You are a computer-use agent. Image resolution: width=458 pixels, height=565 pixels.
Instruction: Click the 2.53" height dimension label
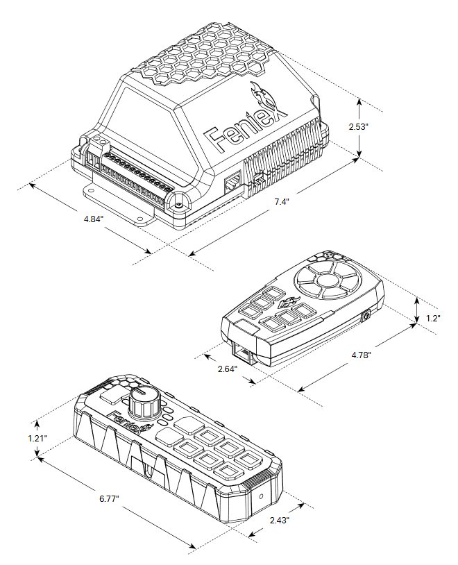tap(358, 127)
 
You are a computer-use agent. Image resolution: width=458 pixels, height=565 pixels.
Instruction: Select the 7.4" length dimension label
tap(281, 202)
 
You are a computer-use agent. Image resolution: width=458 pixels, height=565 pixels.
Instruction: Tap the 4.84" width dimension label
tap(93, 219)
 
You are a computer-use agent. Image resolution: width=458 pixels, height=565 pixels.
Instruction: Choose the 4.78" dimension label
tap(362, 355)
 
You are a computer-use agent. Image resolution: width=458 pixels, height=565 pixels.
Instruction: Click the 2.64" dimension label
tap(227, 369)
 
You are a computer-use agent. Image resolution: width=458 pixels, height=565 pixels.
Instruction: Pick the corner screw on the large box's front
tap(178, 206)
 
